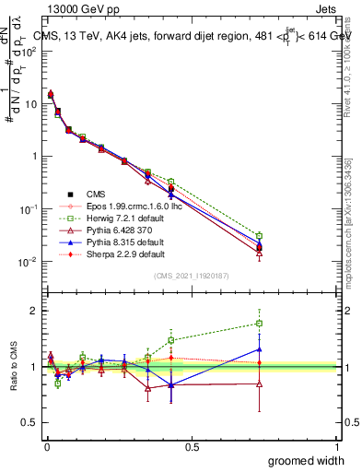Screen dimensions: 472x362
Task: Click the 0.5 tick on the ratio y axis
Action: pos(29,422)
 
